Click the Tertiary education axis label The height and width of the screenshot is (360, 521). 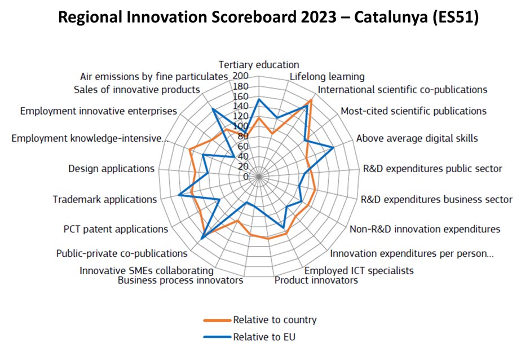point(259,65)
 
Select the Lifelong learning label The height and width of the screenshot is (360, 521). point(327,77)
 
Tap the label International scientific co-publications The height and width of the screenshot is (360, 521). point(403,90)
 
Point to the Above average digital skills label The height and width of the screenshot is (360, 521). point(417,138)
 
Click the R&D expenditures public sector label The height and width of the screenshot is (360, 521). point(432,168)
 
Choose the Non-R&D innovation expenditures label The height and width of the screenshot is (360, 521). point(425,229)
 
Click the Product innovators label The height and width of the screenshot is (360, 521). point(316,280)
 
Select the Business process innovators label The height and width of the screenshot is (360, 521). point(180,280)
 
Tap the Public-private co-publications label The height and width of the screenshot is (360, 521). point(122,254)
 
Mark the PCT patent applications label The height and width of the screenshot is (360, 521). point(116,229)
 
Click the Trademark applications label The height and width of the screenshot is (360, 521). point(104,199)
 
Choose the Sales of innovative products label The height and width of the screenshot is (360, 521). point(137,90)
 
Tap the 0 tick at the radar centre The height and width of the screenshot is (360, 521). point(245,177)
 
